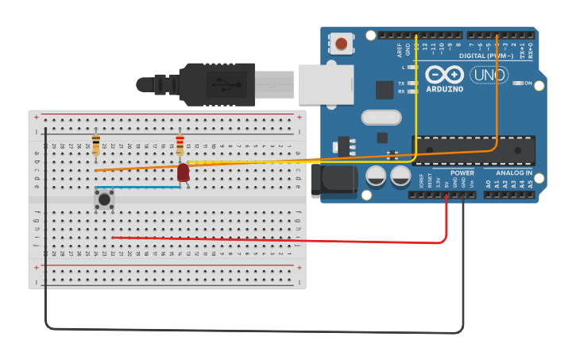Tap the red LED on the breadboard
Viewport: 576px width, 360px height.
(184, 172)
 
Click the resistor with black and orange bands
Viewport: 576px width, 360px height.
(96, 146)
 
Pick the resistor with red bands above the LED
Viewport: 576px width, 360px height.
(180, 147)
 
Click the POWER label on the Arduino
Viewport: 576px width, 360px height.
(462, 172)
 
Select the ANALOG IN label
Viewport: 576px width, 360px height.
(514, 172)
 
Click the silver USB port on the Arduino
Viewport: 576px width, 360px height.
(325, 83)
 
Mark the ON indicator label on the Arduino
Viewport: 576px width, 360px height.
(527, 83)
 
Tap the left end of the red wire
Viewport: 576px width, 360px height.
(113, 237)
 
